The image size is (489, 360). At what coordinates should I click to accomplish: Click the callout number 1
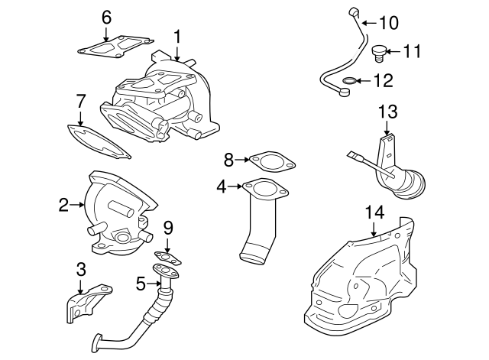[x=177, y=35]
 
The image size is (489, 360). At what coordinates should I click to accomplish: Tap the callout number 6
[x=106, y=17]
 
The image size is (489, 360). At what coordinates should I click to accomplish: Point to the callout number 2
[x=64, y=204]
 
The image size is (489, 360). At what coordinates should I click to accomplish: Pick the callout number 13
[x=387, y=112]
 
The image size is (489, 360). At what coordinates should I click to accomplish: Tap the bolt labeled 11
[x=377, y=52]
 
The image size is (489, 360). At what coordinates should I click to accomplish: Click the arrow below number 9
[x=169, y=242]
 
